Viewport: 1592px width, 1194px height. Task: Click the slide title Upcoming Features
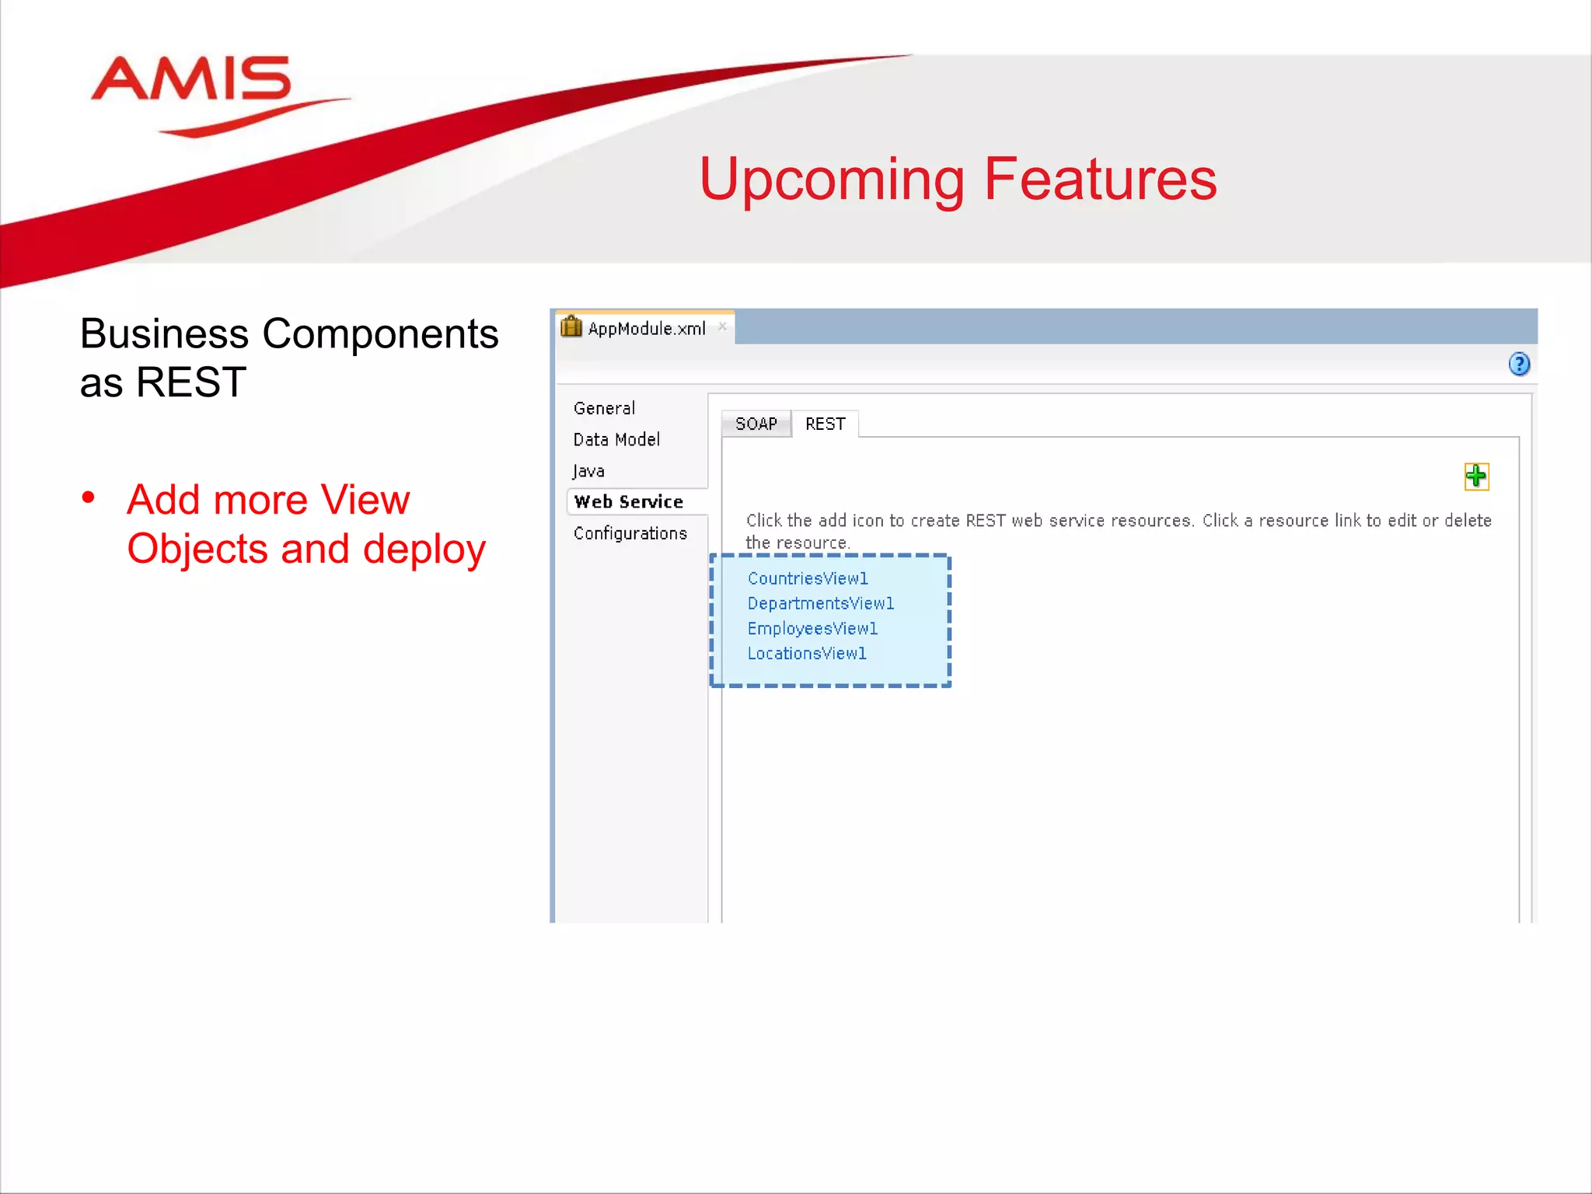tap(957, 179)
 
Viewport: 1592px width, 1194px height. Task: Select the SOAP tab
tap(756, 424)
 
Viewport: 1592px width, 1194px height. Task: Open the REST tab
tap(825, 424)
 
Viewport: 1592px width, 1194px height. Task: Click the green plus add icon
tap(1475, 476)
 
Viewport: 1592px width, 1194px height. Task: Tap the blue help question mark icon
tap(1518, 364)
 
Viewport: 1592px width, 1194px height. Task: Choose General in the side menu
tap(604, 408)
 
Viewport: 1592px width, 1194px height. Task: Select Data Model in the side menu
tap(616, 439)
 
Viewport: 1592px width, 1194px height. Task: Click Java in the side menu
tap(588, 471)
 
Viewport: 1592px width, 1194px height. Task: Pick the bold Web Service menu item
tap(628, 502)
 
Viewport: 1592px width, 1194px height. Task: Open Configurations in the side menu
tap(630, 533)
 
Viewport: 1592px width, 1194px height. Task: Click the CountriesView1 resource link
tap(808, 578)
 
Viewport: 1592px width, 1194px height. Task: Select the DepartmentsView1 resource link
tap(820, 603)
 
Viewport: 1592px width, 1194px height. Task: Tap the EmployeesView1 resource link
tap(812, 628)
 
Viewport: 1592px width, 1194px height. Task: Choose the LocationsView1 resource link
tap(807, 653)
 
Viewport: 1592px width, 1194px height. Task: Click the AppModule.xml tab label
tap(647, 329)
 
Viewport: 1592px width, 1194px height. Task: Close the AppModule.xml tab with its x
tap(722, 326)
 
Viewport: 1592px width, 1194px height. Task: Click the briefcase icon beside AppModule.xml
tap(571, 327)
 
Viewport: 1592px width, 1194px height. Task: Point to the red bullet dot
tap(89, 497)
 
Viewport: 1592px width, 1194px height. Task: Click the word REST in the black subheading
tap(190, 382)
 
